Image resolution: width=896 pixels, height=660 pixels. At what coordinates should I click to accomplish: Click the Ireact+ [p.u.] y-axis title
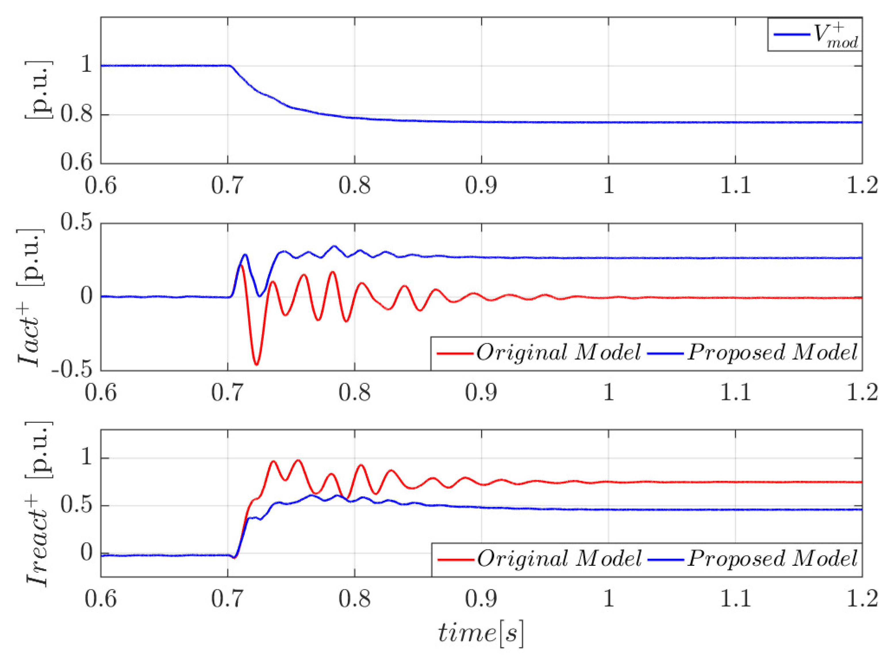click(x=38, y=504)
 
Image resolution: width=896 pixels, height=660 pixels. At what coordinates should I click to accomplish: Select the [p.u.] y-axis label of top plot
click(x=38, y=90)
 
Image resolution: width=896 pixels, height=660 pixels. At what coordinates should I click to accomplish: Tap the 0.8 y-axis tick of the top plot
click(x=76, y=115)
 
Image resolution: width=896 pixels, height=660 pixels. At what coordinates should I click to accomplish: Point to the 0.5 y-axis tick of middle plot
click(x=76, y=222)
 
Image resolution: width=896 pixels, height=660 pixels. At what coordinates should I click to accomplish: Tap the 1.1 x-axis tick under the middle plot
click(x=735, y=392)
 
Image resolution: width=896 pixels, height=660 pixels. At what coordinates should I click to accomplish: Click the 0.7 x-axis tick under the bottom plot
click(x=227, y=599)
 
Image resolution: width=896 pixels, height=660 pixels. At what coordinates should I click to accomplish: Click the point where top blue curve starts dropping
click(x=230, y=66)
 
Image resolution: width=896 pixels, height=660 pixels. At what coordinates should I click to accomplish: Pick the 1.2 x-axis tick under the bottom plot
click(x=862, y=599)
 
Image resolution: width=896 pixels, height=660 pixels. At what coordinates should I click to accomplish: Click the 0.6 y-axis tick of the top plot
click(x=76, y=163)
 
